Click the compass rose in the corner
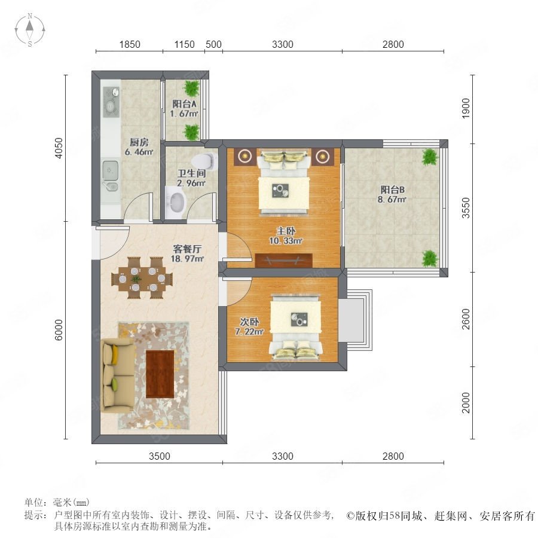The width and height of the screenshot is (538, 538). point(30,30)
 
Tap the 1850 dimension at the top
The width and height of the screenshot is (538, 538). point(130,44)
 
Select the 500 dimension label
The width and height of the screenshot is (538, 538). point(213,44)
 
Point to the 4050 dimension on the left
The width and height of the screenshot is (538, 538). point(59,148)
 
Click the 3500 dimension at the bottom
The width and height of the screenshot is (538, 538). point(160,456)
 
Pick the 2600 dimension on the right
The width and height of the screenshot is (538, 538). point(466,319)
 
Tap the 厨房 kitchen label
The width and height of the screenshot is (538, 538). point(139,142)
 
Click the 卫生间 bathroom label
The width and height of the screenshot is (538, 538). point(191,173)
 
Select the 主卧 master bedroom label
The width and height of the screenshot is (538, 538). point(286,231)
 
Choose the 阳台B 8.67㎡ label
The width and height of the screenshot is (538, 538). point(392,194)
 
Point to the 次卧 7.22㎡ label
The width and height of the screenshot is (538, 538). point(249,326)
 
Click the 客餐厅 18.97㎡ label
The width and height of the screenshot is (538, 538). point(187,253)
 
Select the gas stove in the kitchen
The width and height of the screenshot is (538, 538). point(111,102)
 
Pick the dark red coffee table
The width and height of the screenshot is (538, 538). point(160,374)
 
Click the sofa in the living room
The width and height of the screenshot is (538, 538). point(117,375)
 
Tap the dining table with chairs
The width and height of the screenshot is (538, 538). point(142,278)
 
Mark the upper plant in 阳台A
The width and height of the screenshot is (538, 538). point(191,88)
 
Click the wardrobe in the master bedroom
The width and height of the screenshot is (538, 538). point(284,261)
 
